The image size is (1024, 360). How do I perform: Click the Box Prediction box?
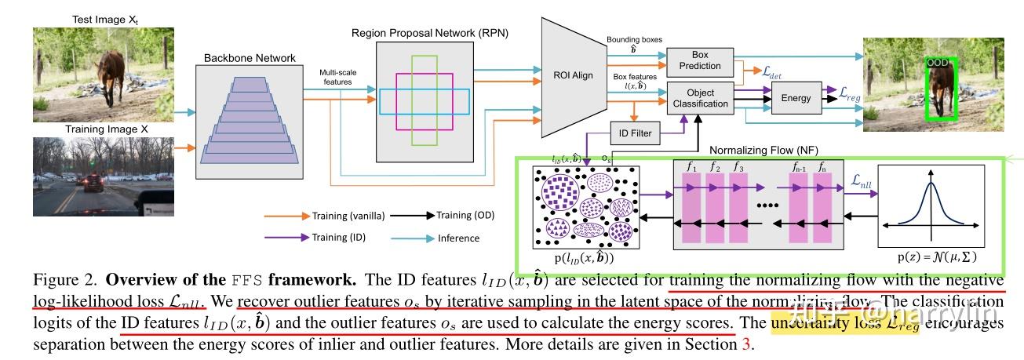coord(700,60)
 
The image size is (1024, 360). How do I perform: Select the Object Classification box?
coord(700,96)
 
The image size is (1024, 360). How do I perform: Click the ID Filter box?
coord(641,133)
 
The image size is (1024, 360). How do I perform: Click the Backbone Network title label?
coord(239,59)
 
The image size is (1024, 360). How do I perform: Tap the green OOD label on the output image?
coord(937,63)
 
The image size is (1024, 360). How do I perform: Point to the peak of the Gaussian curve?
coord(931,184)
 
